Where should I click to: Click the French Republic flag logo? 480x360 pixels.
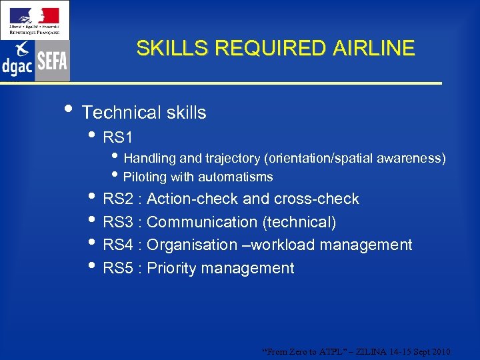coord(35,19)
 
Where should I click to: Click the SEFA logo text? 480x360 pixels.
coord(52,61)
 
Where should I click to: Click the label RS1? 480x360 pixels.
coord(118,138)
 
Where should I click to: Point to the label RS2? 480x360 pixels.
coord(118,199)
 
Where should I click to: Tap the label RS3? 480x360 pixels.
coord(118,222)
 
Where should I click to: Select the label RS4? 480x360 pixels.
coord(118,245)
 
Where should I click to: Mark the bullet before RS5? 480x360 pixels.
coord(92,267)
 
